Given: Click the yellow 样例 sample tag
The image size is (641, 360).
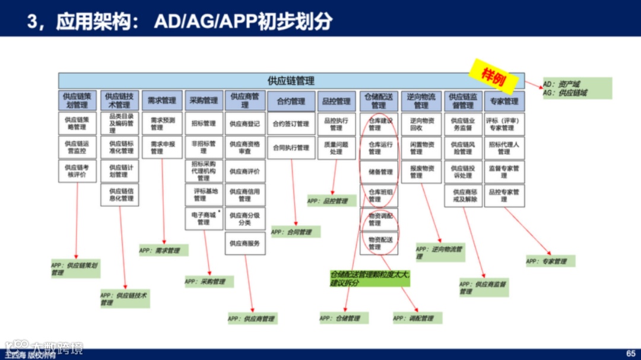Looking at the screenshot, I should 493,76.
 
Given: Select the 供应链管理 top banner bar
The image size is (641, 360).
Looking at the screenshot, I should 291,81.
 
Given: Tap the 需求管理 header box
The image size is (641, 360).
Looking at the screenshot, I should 162,101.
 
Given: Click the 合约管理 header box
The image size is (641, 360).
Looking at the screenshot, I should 291,101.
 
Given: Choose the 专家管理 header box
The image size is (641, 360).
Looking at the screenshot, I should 504,101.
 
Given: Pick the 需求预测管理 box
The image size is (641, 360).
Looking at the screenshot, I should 162,123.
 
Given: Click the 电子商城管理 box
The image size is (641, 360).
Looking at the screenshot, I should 204,218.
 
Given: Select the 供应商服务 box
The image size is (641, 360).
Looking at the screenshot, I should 245,243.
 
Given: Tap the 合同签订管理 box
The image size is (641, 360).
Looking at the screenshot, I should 291,124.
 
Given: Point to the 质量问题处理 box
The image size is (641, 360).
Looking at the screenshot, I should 336,147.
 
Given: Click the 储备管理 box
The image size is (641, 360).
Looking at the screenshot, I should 380,172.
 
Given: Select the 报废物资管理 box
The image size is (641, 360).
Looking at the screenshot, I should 421,172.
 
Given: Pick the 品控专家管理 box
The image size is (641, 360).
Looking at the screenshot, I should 504,196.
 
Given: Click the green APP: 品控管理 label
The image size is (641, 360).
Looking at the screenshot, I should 331,201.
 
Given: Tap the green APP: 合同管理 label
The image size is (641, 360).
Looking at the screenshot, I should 295,232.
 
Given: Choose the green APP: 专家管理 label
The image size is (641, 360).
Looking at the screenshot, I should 550,261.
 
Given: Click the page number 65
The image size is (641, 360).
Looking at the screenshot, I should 630,353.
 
